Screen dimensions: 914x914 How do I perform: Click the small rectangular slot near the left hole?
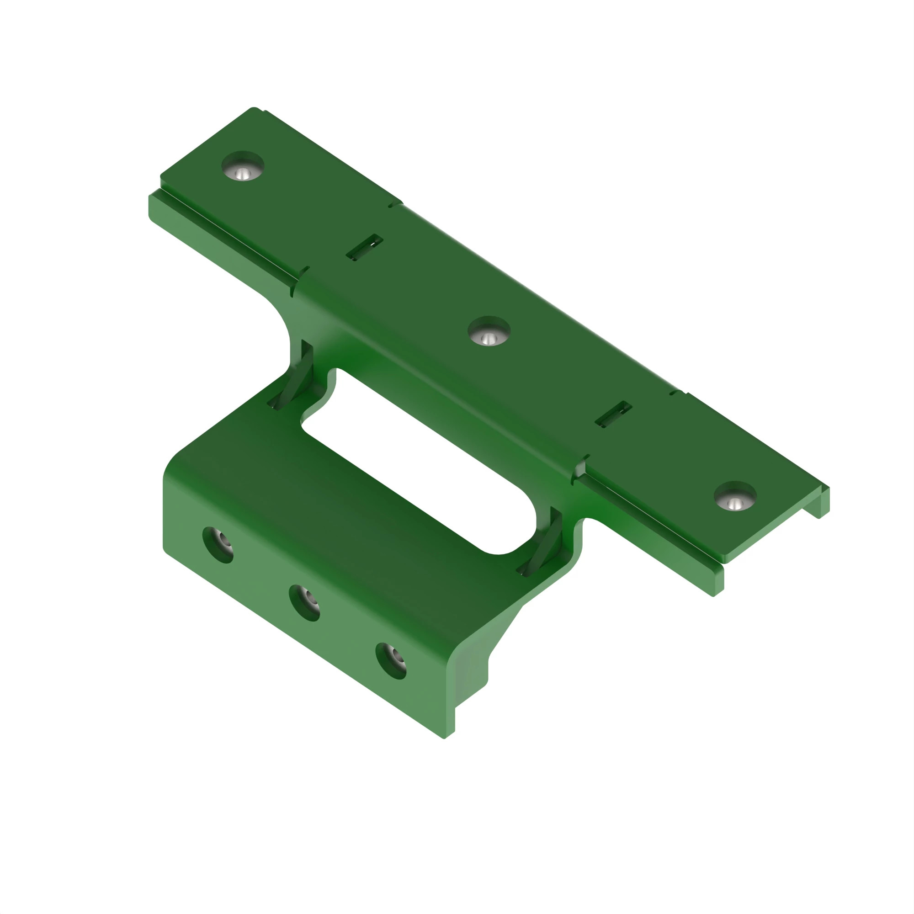pyautogui.click(x=364, y=247)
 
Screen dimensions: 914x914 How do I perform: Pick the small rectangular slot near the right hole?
pyautogui.click(x=613, y=414)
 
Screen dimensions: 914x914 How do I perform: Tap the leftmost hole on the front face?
pyautogui.click(x=218, y=545)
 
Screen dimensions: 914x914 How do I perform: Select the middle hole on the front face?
pyautogui.click(x=304, y=603)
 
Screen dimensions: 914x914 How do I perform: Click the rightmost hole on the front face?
pyautogui.click(x=391, y=661)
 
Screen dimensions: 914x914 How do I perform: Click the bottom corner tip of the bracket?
pyautogui.click(x=445, y=738)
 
